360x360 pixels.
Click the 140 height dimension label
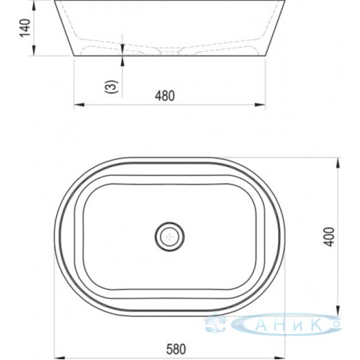click(25, 27)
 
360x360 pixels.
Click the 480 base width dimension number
click(165, 96)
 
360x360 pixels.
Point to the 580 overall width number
click(176, 349)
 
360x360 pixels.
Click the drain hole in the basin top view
click(170, 237)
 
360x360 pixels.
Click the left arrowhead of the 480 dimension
click(79, 105)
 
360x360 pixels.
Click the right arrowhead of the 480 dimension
click(260, 105)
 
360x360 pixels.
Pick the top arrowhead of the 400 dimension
click(338, 163)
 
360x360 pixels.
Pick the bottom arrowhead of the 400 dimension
click(338, 310)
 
